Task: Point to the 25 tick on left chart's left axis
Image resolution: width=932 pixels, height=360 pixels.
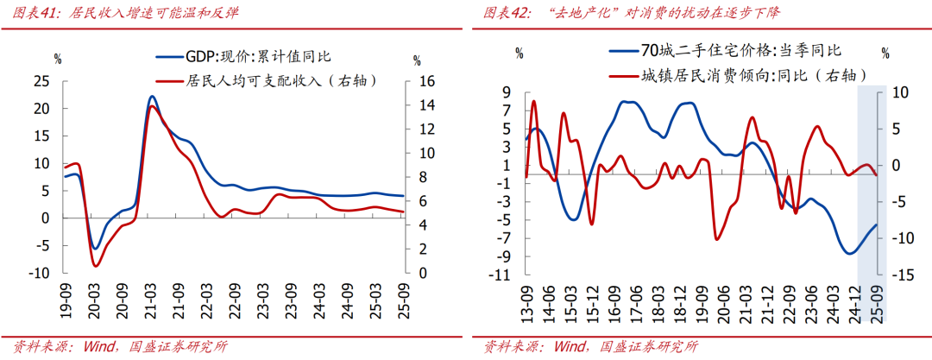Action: click(42, 83)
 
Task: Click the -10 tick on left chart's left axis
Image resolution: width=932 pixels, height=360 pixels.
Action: click(39, 274)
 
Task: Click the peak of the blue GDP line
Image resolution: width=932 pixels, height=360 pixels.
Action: click(152, 97)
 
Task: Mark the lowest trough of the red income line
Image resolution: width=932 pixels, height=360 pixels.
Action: click(96, 265)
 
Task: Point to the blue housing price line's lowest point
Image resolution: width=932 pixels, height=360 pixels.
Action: click(851, 253)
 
